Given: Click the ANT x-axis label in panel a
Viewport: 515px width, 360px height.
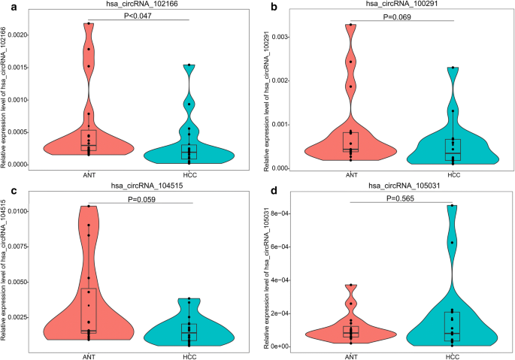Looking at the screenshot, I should pyautogui.click(x=89, y=174).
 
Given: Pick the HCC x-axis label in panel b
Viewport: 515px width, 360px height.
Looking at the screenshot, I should pyautogui.click(x=453, y=174).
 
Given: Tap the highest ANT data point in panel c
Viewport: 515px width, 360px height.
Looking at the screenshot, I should pyautogui.click(x=89, y=206).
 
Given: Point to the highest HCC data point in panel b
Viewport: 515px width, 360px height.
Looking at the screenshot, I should pyautogui.click(x=453, y=68).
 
